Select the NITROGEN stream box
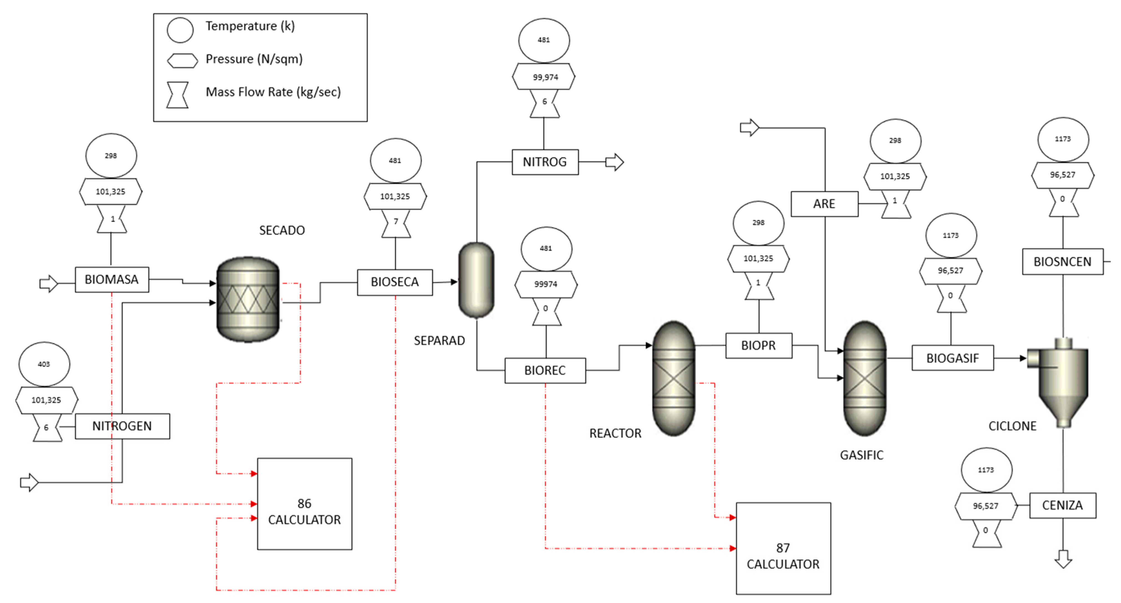pyautogui.click(x=122, y=426)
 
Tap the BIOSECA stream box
pyautogui.click(x=395, y=282)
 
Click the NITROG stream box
pyautogui.click(x=545, y=162)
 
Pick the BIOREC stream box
pyautogui.click(x=545, y=370)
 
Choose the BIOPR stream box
pyautogui.click(x=758, y=345)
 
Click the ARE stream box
pyautogui.click(x=824, y=204)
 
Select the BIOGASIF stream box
pyautogui.click(x=952, y=358)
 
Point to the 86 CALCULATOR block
pyautogui.click(x=305, y=504)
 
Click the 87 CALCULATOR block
pyautogui.click(x=783, y=548)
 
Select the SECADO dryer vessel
pyautogui.click(x=248, y=299)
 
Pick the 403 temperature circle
pyautogui.click(x=44, y=364)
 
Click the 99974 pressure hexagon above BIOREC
pyautogui.click(x=546, y=284)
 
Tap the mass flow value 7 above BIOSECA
pyautogui.click(x=396, y=221)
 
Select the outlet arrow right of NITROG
pyautogui.click(x=614, y=162)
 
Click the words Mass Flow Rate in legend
pyautogui.click(x=249, y=92)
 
